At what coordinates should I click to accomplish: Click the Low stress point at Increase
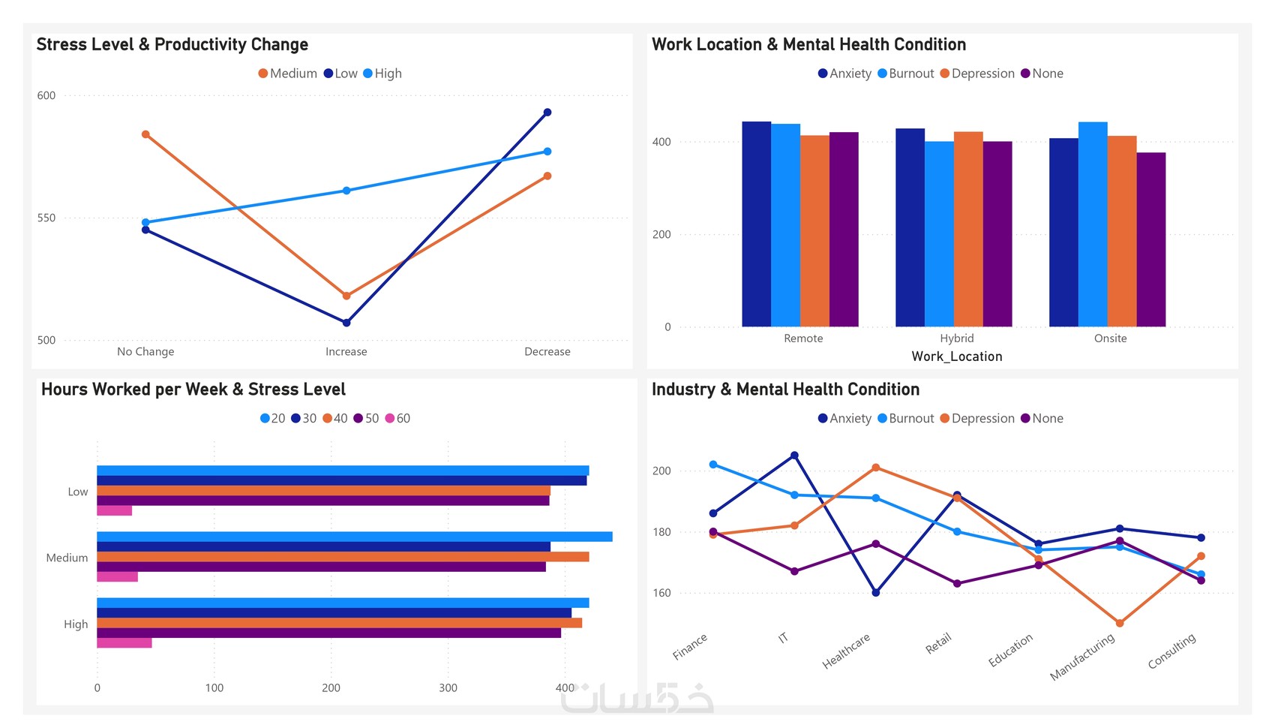[x=346, y=323]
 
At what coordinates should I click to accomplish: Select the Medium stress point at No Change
[x=145, y=134]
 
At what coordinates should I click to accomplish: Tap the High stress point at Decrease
[x=547, y=152]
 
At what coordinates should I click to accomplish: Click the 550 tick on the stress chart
[x=46, y=218]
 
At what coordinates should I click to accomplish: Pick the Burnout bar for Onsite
[x=1093, y=225]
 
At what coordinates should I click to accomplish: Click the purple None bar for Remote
[x=844, y=230]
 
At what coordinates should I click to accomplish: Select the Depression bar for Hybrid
[x=968, y=230]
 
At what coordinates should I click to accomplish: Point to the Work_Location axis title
[x=956, y=356]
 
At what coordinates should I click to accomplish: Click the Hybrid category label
[x=956, y=338]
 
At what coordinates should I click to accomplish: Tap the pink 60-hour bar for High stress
[x=124, y=643]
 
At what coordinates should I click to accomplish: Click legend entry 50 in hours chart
[x=366, y=419]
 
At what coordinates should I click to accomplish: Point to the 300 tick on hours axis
[x=448, y=687]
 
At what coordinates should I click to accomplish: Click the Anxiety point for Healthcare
[x=876, y=593]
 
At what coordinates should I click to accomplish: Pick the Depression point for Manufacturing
[x=1120, y=623]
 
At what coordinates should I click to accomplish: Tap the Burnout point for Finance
[x=713, y=465]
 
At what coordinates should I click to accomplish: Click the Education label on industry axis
[x=1011, y=650]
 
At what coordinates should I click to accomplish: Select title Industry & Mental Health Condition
[x=785, y=390]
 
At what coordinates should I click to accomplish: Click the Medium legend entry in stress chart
[x=288, y=74]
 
